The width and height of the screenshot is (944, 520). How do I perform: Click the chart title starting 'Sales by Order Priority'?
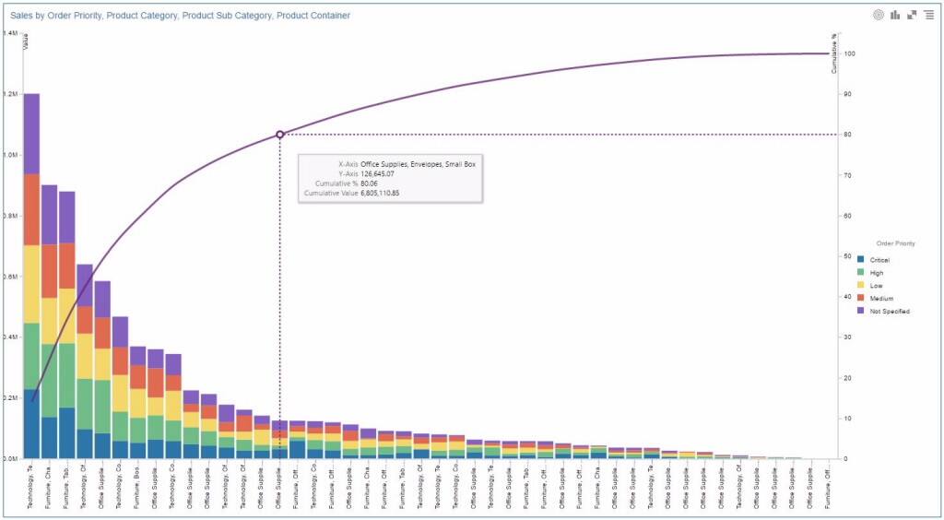pyautogui.click(x=180, y=16)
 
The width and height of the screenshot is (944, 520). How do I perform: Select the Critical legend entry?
pyautogui.click(x=878, y=260)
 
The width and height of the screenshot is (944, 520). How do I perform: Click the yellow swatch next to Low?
pyautogui.click(x=860, y=286)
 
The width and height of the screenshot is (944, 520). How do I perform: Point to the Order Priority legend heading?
pyautogui.click(x=894, y=243)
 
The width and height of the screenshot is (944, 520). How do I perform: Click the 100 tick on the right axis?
pyautogui.click(x=848, y=53)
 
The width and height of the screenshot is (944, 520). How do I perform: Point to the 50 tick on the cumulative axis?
pyautogui.click(x=846, y=256)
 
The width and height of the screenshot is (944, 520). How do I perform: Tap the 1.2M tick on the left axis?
pyautogui.click(x=9, y=94)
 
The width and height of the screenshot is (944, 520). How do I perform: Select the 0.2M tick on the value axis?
pyautogui.click(x=9, y=398)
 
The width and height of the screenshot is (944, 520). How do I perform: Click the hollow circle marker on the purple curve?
pyautogui.click(x=280, y=135)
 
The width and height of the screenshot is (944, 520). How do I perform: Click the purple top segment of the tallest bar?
pyautogui.click(x=31, y=134)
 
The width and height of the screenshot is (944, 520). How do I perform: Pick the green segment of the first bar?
pyautogui.click(x=31, y=355)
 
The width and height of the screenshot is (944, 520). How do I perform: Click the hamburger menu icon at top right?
pyautogui.click(x=927, y=15)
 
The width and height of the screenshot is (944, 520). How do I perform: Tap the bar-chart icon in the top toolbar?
pyautogui.click(x=894, y=15)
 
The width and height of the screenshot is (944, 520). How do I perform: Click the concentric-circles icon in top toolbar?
pyautogui.click(x=878, y=15)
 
